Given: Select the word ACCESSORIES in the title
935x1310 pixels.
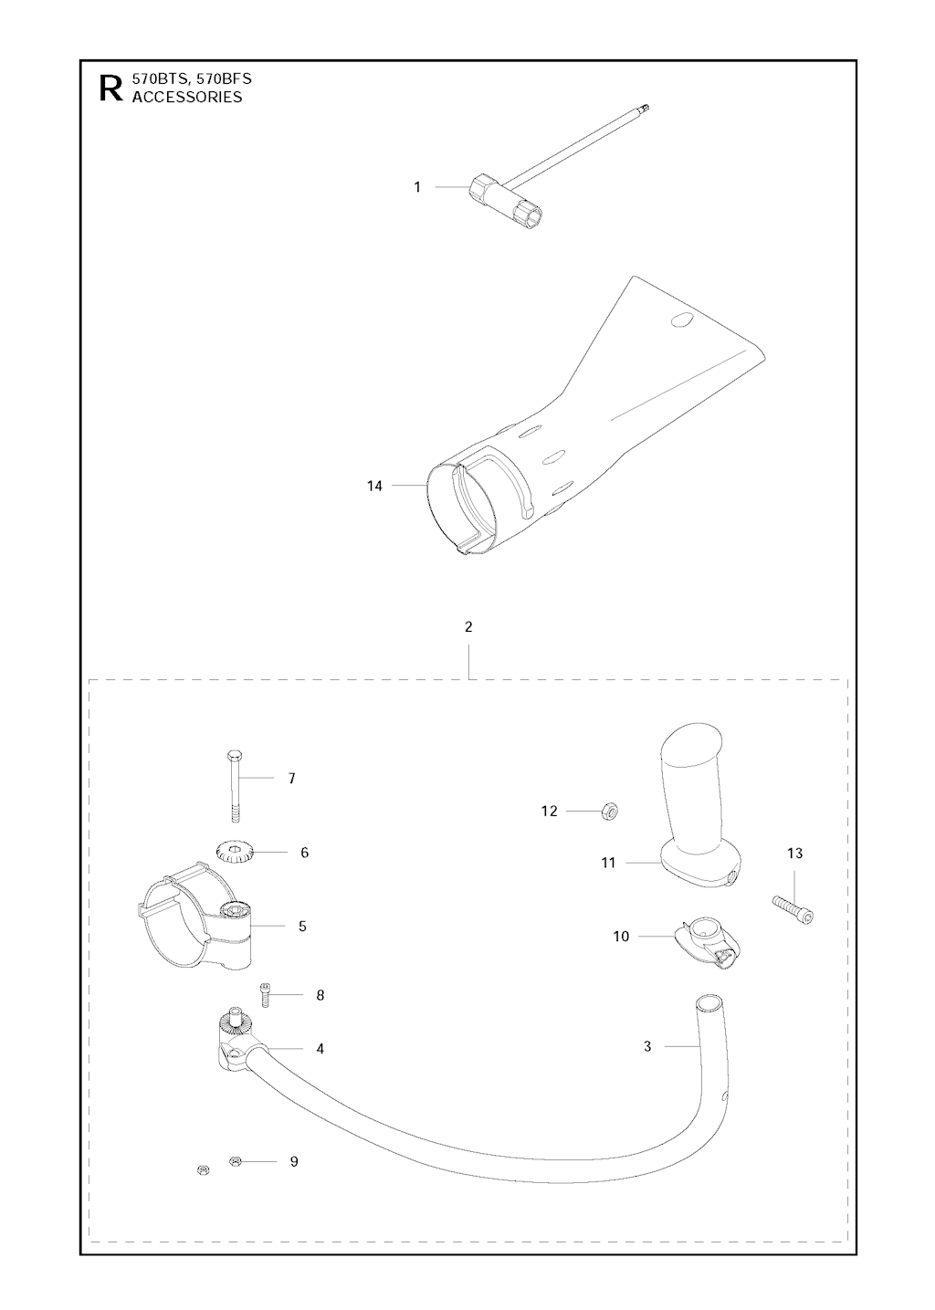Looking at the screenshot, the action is (187, 97).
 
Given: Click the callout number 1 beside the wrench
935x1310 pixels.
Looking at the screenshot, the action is (417, 187).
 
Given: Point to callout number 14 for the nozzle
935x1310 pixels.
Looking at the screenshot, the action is (374, 485).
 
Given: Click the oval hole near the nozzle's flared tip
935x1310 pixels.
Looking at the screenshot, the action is (680, 320).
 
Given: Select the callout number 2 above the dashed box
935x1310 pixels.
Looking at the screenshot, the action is (468, 627).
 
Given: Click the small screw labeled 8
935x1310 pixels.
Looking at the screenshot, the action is (264, 994).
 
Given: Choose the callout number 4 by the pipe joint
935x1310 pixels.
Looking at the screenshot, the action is (320, 1049).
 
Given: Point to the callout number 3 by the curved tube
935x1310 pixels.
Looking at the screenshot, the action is (647, 1046).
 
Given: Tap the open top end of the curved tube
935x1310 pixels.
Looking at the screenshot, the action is (708, 1003).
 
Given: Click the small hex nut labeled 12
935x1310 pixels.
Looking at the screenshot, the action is (610, 812).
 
